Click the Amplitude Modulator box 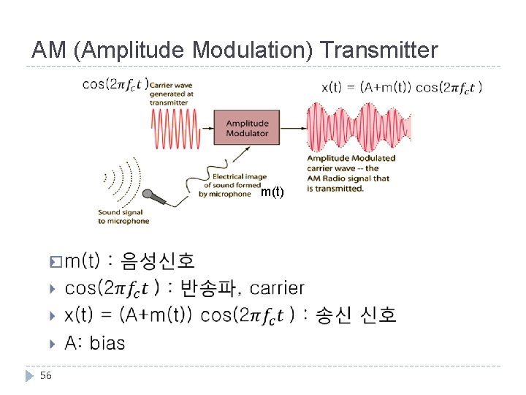[x=247, y=127]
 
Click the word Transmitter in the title [x=379, y=50]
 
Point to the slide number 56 [x=46, y=375]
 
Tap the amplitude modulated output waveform [x=358, y=127]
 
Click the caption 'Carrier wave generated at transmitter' [x=171, y=94]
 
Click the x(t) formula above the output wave [x=401, y=87]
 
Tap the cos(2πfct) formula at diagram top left [x=115, y=84]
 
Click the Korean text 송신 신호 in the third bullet [x=356, y=315]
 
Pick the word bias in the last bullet [x=107, y=342]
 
